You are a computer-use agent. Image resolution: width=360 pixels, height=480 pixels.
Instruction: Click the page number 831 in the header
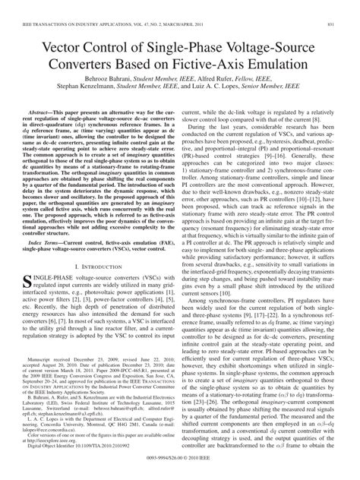pyautogui.click(x=346, y=6)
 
